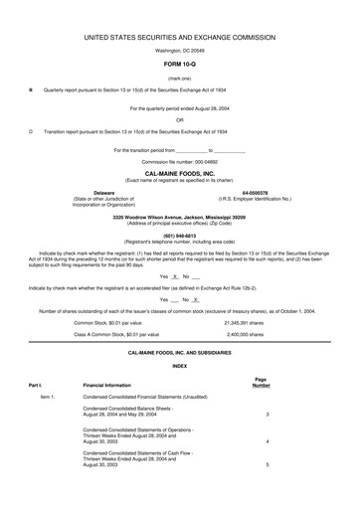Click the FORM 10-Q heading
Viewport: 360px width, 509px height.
point(180,65)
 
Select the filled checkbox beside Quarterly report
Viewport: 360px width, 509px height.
point(31,88)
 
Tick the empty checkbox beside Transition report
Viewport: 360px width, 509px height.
point(31,130)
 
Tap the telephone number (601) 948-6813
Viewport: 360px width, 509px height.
point(179,236)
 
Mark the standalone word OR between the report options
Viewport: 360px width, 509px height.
point(180,118)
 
